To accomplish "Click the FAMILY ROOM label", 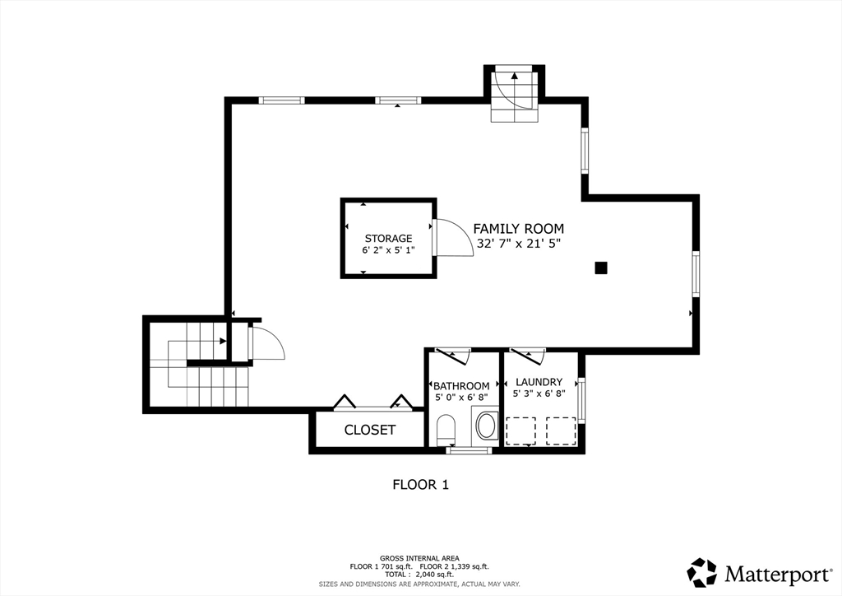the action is (x=518, y=229).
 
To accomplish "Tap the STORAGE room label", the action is (x=388, y=239).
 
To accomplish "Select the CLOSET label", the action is (x=369, y=430).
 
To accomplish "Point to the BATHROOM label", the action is (x=461, y=386).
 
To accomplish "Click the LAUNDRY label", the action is (x=539, y=382).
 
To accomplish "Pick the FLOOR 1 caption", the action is (x=420, y=485).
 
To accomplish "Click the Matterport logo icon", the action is (x=702, y=573).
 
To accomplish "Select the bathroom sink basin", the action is (x=487, y=426).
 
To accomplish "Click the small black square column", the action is (x=601, y=268).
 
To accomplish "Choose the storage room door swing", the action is (x=453, y=238).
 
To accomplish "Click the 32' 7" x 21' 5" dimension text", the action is (x=518, y=244).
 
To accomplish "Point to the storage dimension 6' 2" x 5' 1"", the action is (x=388, y=250).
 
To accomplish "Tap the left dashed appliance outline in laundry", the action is (x=520, y=431).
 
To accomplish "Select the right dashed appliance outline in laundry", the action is (x=561, y=431).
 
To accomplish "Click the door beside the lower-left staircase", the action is (x=266, y=343).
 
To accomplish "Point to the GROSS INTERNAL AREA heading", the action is (x=419, y=558).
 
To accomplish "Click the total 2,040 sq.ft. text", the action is (x=419, y=575).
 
